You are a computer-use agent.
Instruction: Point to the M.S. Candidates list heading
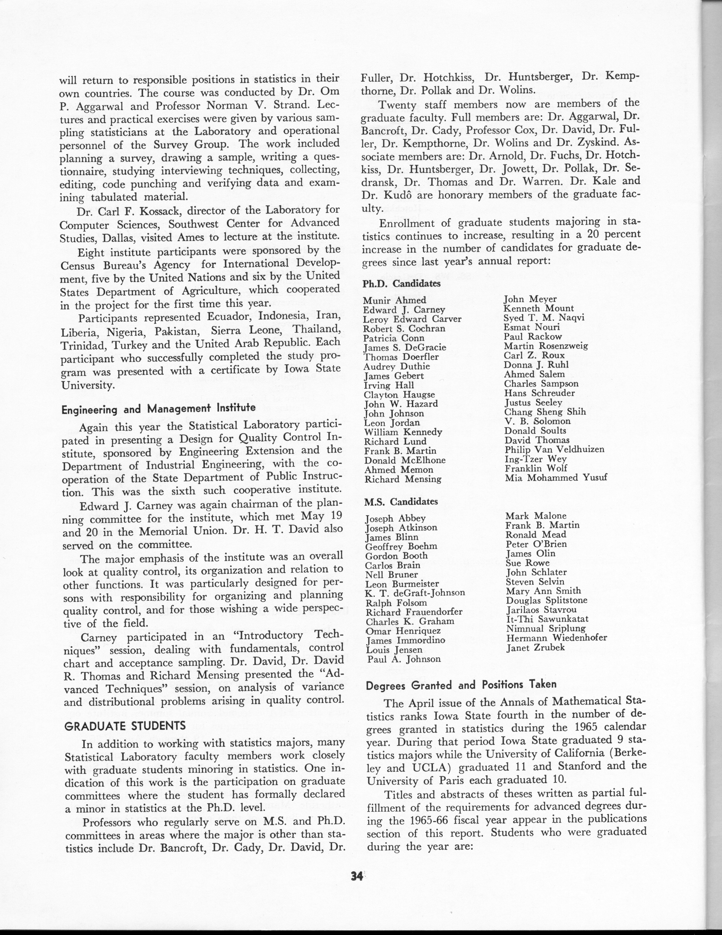pos(401,501)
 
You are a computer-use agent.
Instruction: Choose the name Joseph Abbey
pos(389,518)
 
